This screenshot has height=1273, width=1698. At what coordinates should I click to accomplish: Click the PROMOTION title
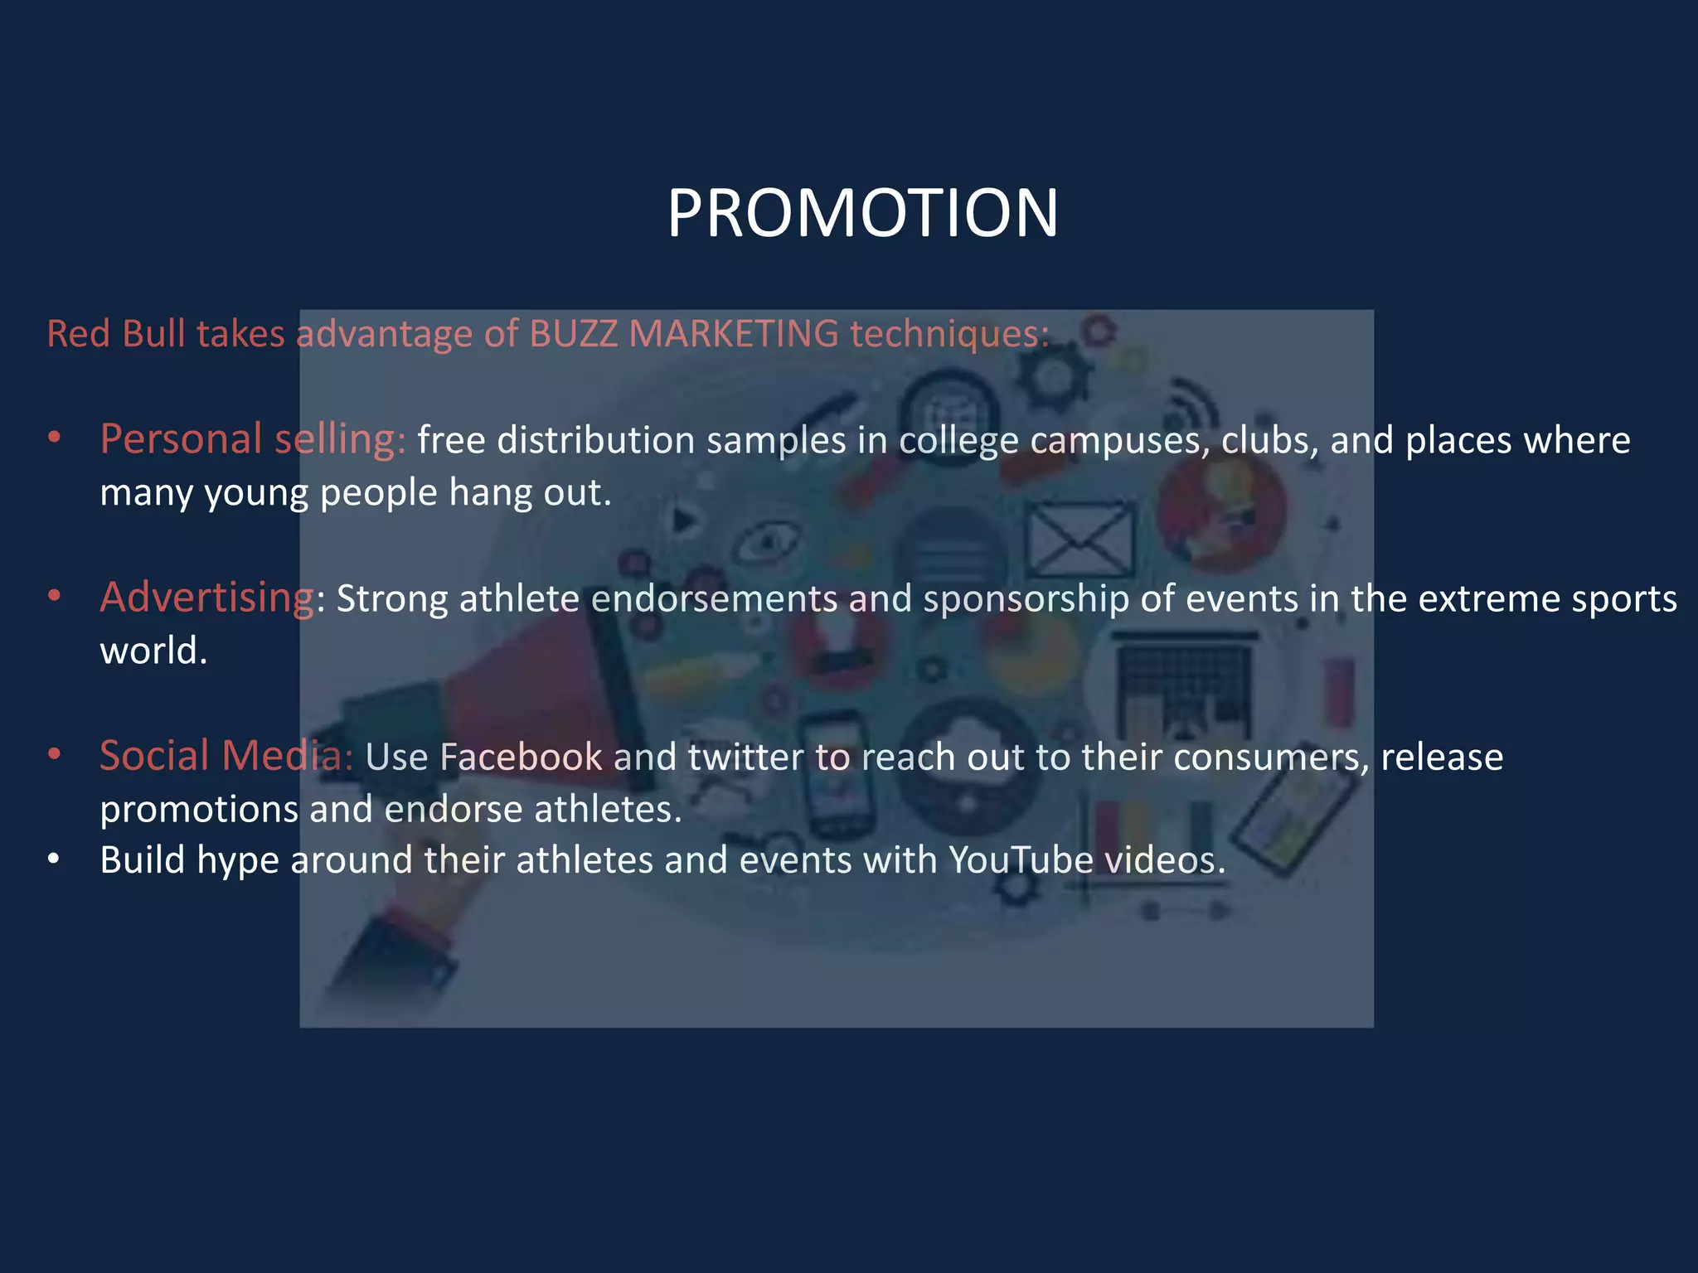pyautogui.click(x=862, y=213)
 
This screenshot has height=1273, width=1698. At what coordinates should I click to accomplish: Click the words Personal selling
pyautogui.click(x=252, y=438)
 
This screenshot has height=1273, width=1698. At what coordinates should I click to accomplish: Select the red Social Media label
pyautogui.click(x=226, y=756)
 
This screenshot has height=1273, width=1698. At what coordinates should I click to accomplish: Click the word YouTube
pyautogui.click(x=1021, y=859)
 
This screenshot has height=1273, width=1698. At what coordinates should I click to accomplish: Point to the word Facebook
pyautogui.click(x=521, y=757)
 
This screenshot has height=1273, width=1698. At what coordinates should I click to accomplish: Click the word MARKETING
pyautogui.click(x=733, y=334)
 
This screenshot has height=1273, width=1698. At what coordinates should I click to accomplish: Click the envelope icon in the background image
pyautogui.click(x=1080, y=540)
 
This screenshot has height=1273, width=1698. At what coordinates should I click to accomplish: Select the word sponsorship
pyautogui.click(x=1026, y=598)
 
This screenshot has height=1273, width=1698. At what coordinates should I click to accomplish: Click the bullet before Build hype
pyautogui.click(x=54, y=859)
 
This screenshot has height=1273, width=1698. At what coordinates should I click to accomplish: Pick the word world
pyautogui.click(x=153, y=651)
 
